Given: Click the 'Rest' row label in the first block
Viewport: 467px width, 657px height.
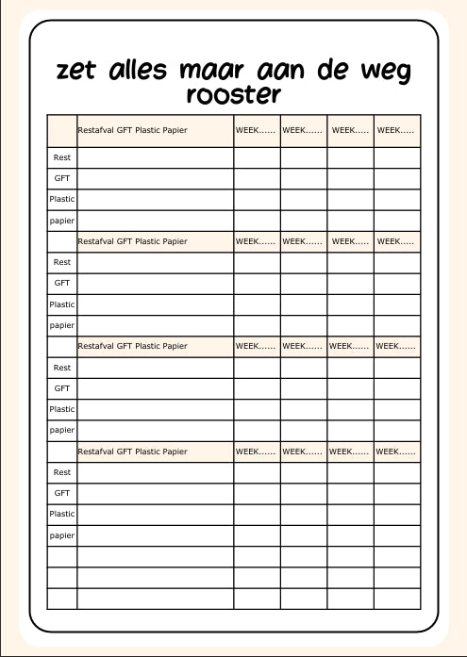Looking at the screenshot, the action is (x=62, y=157).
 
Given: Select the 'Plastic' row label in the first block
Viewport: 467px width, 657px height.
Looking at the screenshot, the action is (x=62, y=199).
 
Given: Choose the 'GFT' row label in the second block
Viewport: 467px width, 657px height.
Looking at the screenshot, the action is (x=62, y=283).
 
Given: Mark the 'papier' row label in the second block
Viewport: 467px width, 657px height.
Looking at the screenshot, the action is (x=62, y=325).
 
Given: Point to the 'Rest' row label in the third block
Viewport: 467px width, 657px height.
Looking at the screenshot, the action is (x=62, y=368).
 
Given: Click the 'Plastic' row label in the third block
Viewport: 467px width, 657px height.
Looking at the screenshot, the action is (x=62, y=409).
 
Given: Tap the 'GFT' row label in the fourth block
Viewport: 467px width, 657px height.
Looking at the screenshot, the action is (x=62, y=493).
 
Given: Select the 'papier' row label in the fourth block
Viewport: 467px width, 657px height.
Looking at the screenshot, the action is (x=62, y=535).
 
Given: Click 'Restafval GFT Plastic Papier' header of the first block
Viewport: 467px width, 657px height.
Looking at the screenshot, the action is (x=132, y=129).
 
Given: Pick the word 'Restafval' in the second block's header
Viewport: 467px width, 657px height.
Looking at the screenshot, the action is (x=95, y=241).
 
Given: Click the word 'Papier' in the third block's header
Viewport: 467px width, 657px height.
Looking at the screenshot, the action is (x=175, y=346).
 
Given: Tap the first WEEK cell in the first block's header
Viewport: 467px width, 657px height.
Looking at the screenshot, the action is (x=256, y=129).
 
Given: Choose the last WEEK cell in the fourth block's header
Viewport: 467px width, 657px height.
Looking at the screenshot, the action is (x=395, y=452).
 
